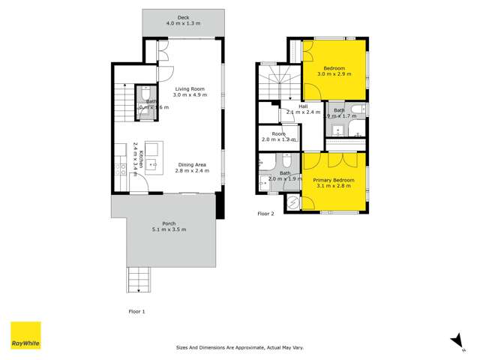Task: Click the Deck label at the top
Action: tap(183, 17)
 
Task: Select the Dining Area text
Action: tap(192, 164)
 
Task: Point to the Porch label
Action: tap(169, 223)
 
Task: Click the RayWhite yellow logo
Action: tap(25, 335)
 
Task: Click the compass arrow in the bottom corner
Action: tap(454, 340)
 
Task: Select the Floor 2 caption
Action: tap(266, 214)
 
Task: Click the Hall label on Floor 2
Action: tap(303, 106)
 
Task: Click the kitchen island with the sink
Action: tap(154, 157)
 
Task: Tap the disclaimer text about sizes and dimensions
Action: tap(239, 348)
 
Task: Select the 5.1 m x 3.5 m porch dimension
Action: tap(169, 229)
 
